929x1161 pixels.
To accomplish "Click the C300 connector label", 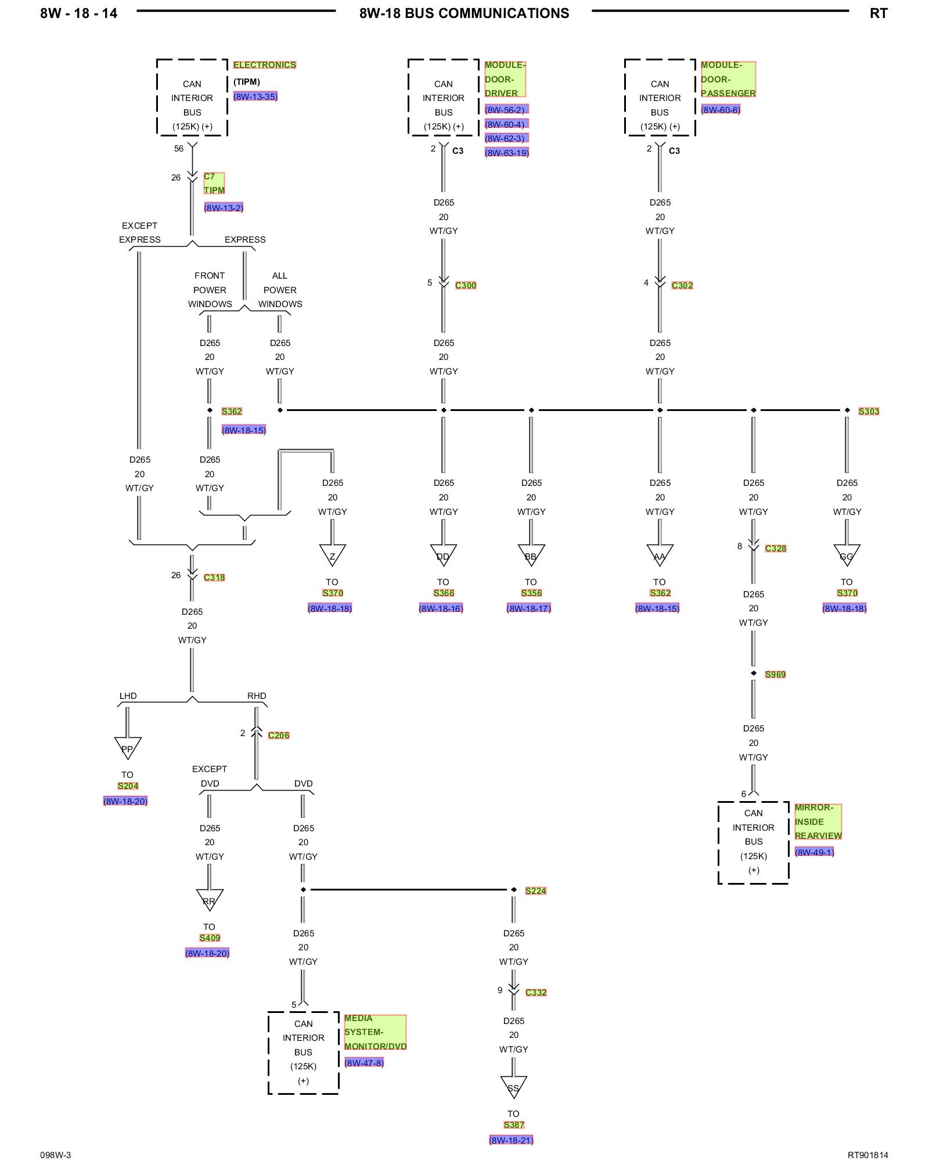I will tap(466, 285).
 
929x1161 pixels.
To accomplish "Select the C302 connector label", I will tap(682, 285).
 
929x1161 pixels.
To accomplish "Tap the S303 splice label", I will tap(869, 411).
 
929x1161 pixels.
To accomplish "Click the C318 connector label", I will tap(214, 577).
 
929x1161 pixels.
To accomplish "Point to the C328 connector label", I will tap(775, 548).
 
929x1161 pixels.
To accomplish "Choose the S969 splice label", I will tap(775, 674).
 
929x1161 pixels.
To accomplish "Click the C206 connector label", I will tap(279, 735).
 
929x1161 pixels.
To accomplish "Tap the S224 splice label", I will tap(535, 890).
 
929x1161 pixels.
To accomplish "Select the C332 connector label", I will tap(536, 992).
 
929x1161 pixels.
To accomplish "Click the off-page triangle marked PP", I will tap(127, 747).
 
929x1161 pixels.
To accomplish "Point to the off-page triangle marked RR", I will tap(209, 899).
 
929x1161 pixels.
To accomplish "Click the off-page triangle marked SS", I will tap(513, 1086).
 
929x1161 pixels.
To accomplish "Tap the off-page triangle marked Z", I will tap(332, 554).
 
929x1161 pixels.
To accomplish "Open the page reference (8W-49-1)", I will tap(814, 852).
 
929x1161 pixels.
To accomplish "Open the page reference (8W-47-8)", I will tap(364, 1062).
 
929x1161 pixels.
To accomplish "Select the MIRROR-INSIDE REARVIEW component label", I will tap(818, 821).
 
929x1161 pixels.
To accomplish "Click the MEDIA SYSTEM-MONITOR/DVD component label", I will tap(375, 1032).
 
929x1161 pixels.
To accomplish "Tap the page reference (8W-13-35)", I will tap(255, 96).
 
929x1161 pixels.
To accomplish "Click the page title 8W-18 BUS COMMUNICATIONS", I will tap(464, 13).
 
